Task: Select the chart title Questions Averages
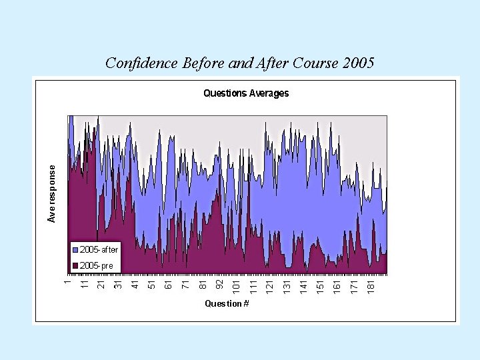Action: (246, 93)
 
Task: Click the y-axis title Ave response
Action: (52, 193)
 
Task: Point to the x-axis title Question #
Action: (227, 303)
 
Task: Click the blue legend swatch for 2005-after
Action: (75, 250)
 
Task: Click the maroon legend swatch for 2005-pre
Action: (75, 265)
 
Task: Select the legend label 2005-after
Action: (99, 250)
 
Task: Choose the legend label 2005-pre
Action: (96, 265)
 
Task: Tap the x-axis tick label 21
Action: (101, 285)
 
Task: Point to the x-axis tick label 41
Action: (135, 285)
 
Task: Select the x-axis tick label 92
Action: (220, 285)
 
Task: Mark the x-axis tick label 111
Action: (253, 286)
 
